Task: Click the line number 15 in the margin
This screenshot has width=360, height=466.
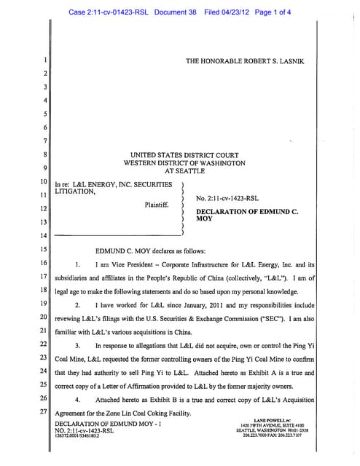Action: [44, 249]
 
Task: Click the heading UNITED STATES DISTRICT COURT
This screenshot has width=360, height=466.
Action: [188, 155]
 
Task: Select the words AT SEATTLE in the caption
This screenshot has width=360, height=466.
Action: [188, 172]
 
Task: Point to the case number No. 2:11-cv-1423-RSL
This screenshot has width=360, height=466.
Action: [227, 198]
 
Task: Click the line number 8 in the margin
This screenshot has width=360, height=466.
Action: [44, 155]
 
